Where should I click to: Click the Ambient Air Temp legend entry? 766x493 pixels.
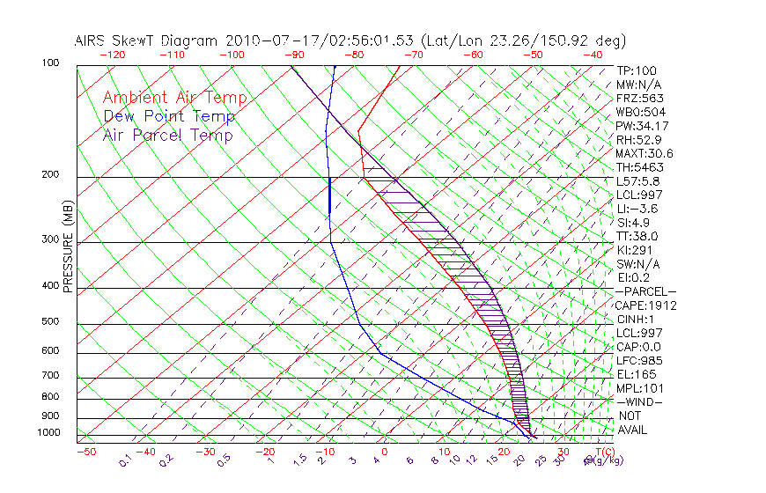point(174,98)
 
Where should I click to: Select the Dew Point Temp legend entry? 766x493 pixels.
point(169,116)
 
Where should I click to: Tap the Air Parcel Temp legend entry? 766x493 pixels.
point(167,135)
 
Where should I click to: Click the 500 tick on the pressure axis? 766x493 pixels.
point(51,322)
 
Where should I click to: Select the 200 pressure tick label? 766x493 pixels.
point(51,174)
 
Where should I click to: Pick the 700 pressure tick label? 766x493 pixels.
point(51,377)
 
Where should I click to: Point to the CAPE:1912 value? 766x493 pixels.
point(641,305)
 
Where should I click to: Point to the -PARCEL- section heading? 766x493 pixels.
point(645,291)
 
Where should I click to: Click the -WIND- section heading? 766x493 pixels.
point(640,401)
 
